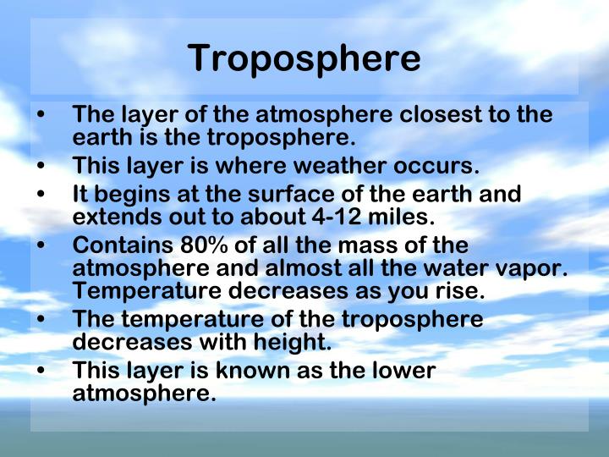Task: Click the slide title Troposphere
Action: (x=304, y=58)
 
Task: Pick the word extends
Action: (x=110, y=217)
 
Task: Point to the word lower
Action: (x=400, y=370)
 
